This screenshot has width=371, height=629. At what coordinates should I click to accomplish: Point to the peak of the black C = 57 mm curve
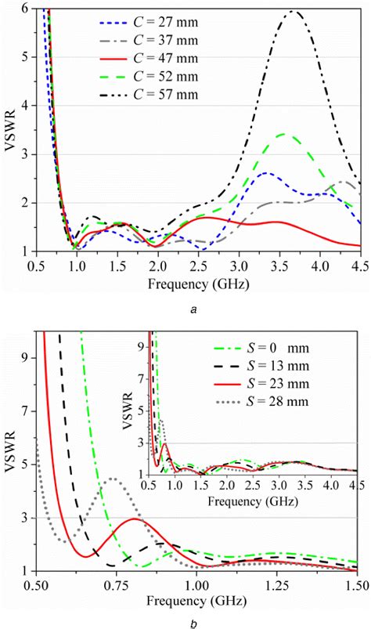[x=294, y=11]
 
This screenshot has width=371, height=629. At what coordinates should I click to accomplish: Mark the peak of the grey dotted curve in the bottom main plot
[x=113, y=479]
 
